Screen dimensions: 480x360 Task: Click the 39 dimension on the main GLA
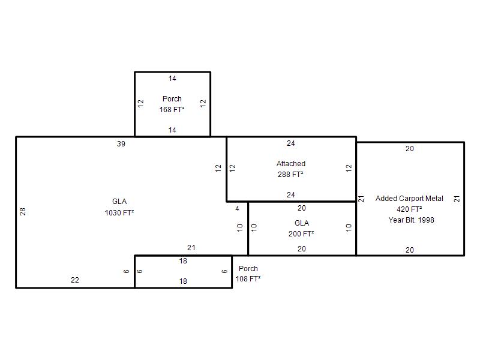click(121, 144)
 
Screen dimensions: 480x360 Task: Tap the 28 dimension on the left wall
click(23, 212)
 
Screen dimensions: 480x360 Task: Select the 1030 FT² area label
click(119, 213)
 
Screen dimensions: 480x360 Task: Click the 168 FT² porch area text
click(172, 110)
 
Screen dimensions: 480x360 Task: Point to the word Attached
click(291, 164)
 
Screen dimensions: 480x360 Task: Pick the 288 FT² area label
click(290, 175)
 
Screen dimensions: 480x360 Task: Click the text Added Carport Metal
click(409, 199)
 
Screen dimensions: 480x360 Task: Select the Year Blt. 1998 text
click(411, 220)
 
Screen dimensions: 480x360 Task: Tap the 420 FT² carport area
click(409, 209)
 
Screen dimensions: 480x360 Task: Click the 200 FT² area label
click(301, 234)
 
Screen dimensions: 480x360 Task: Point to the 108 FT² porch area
click(248, 279)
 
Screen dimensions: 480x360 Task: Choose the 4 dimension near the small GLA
click(237, 209)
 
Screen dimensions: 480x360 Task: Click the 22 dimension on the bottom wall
click(75, 280)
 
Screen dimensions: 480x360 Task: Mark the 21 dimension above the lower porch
click(191, 248)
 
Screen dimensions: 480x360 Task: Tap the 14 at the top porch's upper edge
click(172, 79)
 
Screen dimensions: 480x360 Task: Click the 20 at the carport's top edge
click(410, 149)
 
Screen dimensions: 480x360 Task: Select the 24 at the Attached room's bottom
click(291, 195)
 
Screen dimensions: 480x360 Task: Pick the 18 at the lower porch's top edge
click(183, 261)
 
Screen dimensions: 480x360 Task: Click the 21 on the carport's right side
click(457, 199)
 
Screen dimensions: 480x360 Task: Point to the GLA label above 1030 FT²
click(119, 202)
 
